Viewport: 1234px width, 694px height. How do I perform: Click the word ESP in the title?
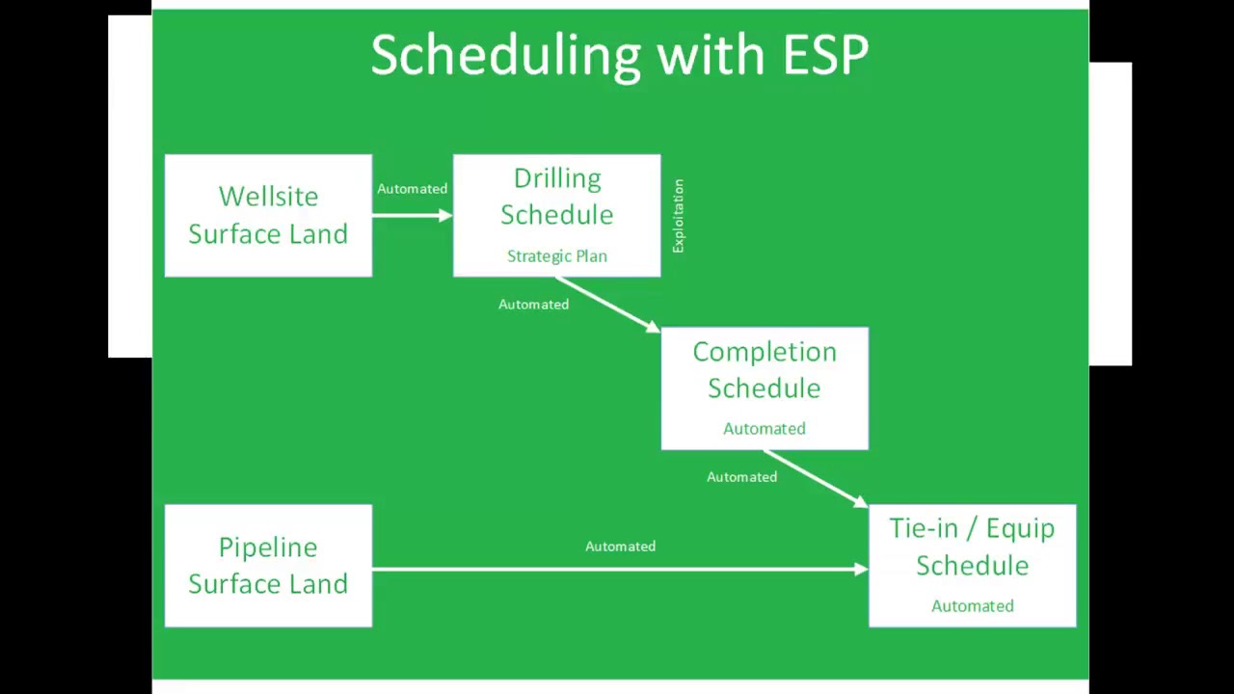tap(825, 55)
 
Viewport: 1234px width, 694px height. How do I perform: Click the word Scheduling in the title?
tap(505, 56)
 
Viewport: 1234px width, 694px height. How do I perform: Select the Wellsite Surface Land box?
tap(268, 216)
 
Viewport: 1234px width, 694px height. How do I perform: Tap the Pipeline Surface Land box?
tap(268, 566)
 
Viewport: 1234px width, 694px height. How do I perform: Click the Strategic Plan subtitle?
tap(557, 256)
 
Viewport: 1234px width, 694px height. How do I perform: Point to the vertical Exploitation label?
tap(678, 216)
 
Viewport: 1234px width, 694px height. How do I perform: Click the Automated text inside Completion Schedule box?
tap(765, 429)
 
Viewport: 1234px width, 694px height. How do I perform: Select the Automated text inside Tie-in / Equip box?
tap(972, 606)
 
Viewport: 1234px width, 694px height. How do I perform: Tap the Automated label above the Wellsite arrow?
tap(412, 189)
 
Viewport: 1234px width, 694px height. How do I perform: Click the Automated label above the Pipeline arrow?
tap(620, 547)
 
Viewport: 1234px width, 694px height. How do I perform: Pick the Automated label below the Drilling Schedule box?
tap(533, 305)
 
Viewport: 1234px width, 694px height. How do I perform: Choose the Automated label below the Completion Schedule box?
tap(741, 477)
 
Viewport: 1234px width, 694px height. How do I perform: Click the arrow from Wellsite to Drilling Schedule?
tap(412, 215)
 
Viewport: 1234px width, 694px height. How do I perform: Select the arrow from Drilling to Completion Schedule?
tap(608, 304)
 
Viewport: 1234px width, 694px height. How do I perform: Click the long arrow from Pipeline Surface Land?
tap(620, 570)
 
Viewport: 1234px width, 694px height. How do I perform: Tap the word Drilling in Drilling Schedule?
tap(557, 179)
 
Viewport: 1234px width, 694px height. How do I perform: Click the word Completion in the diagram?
tap(765, 353)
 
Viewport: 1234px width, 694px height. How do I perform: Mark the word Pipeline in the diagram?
tap(268, 547)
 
